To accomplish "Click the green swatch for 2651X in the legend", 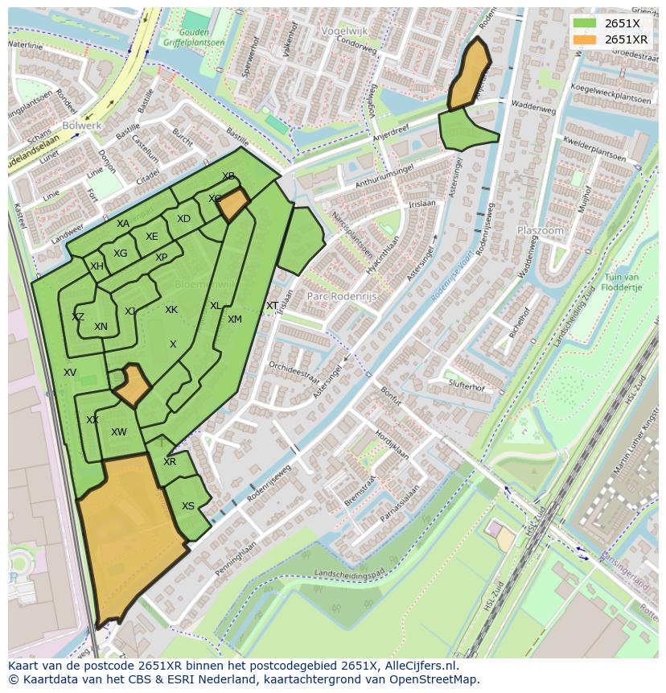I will click(585, 23).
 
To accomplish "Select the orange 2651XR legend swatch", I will click(585, 39).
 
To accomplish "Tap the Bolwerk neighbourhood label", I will click(81, 126).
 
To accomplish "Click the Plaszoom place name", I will click(540, 230).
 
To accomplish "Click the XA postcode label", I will click(123, 224).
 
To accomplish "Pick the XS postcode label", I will click(187, 506).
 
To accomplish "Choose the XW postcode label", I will click(119, 432).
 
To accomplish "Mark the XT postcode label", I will click(272, 306).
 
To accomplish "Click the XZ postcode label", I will click(78, 317).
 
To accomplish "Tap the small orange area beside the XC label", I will click(234, 206).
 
